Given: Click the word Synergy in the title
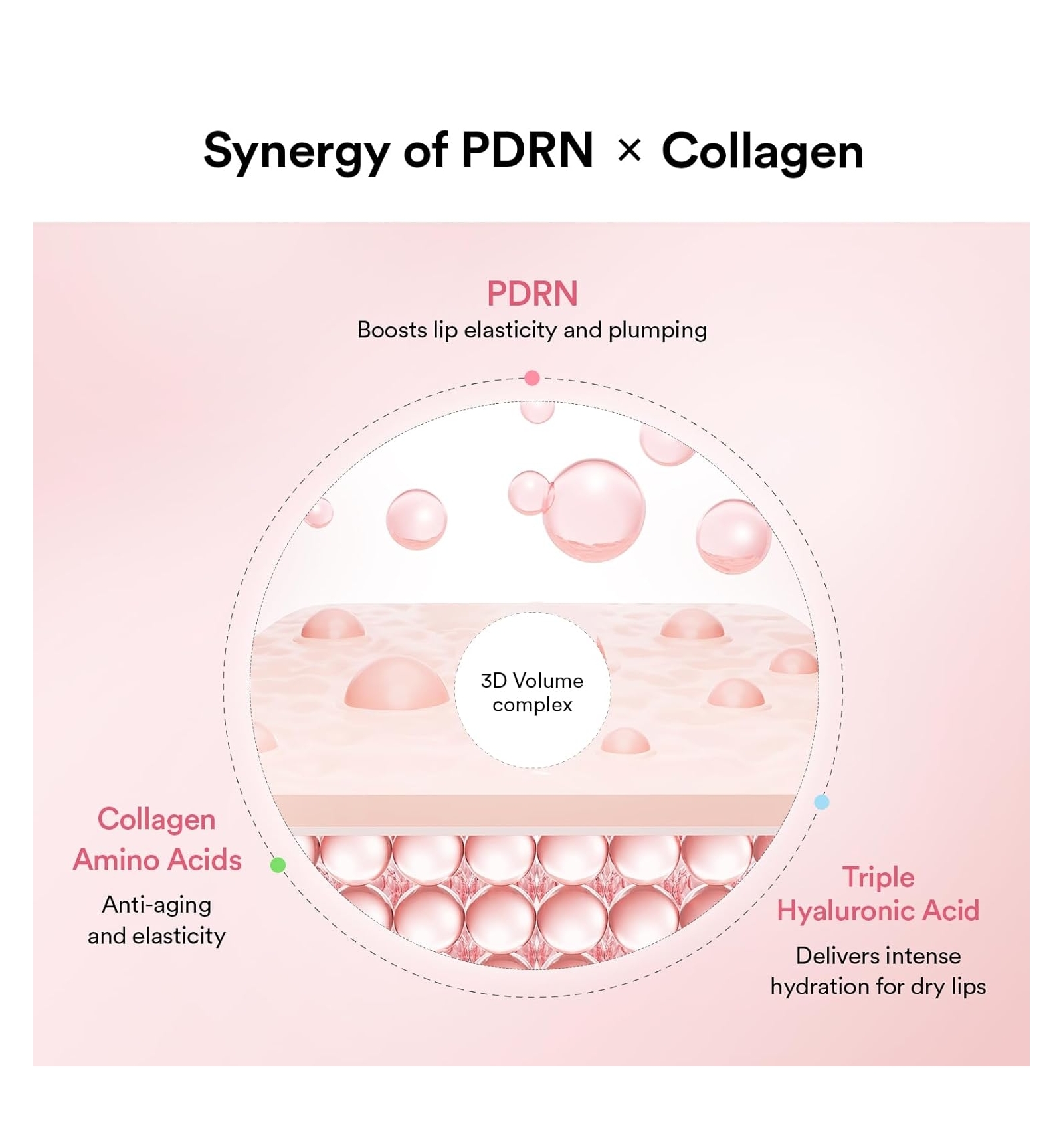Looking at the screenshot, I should click(296, 151).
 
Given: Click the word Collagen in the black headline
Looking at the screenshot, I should click(763, 151).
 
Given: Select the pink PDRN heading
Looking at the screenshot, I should click(532, 294).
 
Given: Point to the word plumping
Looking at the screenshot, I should click(657, 330).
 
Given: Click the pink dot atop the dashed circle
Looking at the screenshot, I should click(532, 378).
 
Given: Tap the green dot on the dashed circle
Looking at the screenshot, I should click(278, 865).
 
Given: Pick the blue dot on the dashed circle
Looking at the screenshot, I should click(822, 802).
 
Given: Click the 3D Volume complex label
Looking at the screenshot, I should click(532, 692).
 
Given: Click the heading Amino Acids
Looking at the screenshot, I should click(157, 860).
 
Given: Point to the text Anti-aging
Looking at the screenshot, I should click(157, 905).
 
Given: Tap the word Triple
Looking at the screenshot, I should click(878, 877).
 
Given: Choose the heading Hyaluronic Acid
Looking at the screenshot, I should click(878, 911).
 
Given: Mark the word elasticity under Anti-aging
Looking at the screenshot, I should click(179, 936).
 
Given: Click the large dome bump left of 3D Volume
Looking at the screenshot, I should click(397, 684).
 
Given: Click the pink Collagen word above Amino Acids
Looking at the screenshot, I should click(157, 820).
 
